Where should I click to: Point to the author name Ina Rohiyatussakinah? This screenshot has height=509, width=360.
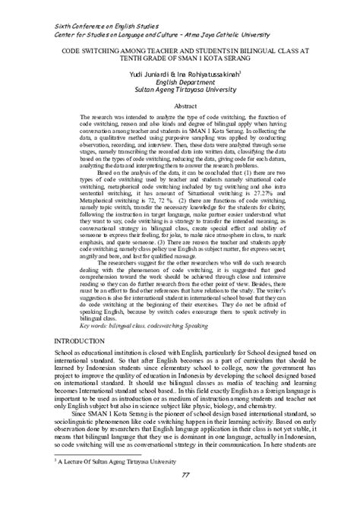click(206, 73)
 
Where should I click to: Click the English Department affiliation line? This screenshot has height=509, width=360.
click(180, 81)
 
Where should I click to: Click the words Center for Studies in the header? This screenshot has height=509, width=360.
click(80, 33)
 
